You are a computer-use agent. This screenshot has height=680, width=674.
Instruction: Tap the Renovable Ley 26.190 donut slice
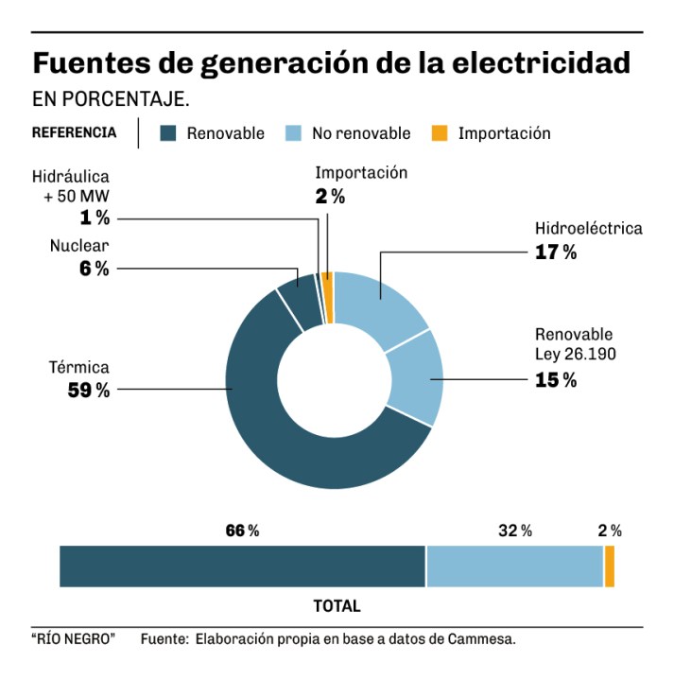(416, 378)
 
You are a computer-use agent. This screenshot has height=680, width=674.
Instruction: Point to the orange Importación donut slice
(328, 283)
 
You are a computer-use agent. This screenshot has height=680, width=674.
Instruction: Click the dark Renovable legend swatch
(168, 133)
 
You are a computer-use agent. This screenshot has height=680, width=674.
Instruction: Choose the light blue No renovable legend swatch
(293, 133)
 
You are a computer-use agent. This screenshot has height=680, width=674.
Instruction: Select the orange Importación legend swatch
(439, 133)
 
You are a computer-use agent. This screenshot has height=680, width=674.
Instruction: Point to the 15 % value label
(556, 380)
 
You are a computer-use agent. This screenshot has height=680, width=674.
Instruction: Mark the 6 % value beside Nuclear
(95, 269)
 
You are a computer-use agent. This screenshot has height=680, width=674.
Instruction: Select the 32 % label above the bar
(515, 531)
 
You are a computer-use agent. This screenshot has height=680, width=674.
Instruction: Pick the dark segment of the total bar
(242, 567)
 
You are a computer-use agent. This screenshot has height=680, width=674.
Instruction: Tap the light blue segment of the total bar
(515, 567)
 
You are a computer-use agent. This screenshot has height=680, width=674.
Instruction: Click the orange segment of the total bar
(610, 567)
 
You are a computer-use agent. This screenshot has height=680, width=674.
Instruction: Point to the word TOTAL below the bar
(337, 605)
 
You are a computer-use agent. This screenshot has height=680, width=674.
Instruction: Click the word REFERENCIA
(75, 132)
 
